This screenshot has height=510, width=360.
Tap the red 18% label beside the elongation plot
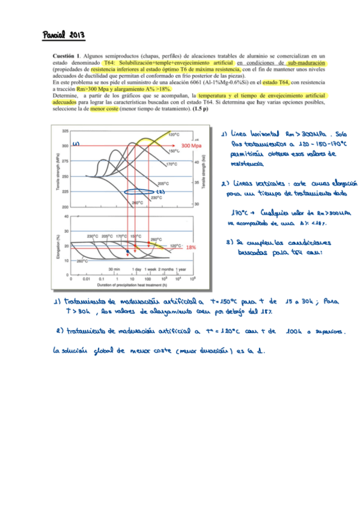click(191, 247)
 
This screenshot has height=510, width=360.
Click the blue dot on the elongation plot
click(128, 251)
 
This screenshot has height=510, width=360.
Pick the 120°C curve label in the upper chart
click(174, 135)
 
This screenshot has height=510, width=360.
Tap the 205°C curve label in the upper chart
click(163, 183)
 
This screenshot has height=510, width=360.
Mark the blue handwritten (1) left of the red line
click(76, 144)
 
